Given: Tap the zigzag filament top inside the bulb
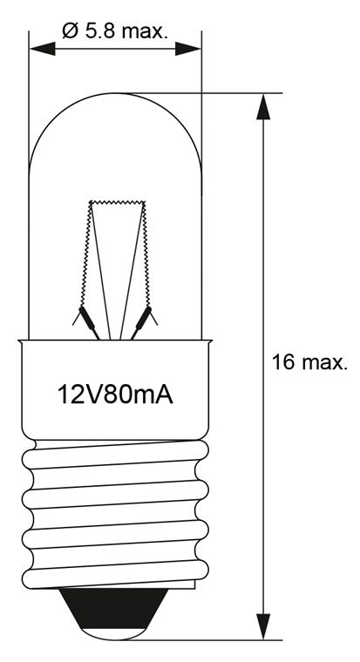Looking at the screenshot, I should [x=115, y=201].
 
